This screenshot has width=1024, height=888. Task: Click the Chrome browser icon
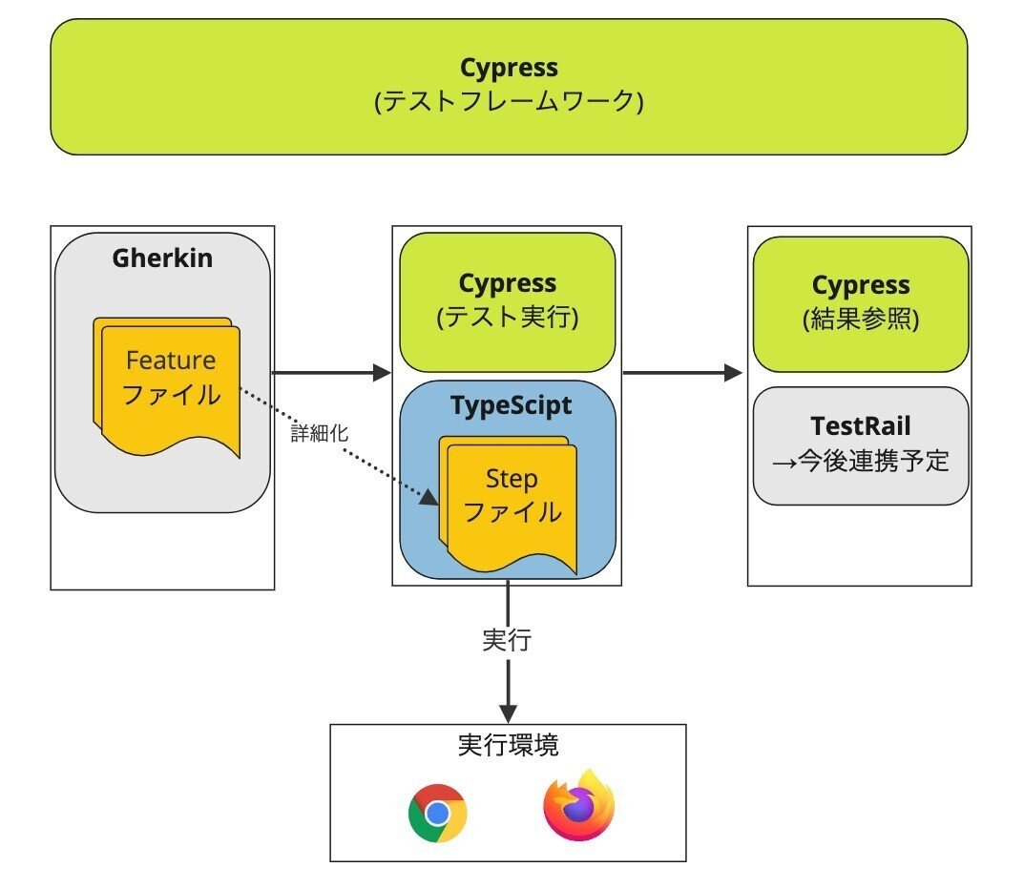coord(437,813)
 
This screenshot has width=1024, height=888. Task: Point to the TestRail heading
coord(860,424)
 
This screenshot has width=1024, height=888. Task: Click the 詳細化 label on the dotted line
coord(320,432)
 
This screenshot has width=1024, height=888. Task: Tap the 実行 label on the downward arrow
coord(508,640)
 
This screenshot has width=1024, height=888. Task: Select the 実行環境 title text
coord(507,745)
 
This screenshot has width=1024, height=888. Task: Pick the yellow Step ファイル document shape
coord(511,501)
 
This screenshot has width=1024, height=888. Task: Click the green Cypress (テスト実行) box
coord(507,301)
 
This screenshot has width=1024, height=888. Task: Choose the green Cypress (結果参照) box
coord(860,303)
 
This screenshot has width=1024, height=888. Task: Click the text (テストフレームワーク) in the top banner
coord(509,100)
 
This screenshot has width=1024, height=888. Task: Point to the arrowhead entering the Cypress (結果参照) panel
coord(734,372)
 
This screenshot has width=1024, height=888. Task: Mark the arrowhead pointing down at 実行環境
coord(508,712)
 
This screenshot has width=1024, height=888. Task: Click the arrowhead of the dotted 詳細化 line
coord(430,497)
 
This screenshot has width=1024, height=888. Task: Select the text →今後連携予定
coord(860,460)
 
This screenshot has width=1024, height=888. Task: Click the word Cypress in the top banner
coord(509,68)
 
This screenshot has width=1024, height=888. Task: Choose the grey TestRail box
coord(860,444)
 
